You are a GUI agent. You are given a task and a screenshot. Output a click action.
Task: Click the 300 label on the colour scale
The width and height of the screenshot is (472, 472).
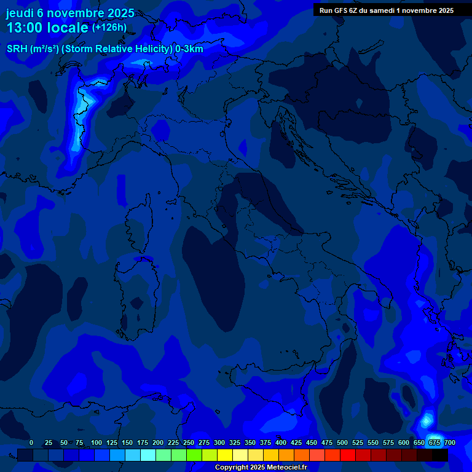click(219, 442)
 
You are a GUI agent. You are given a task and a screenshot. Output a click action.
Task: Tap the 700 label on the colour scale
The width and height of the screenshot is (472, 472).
click(449, 442)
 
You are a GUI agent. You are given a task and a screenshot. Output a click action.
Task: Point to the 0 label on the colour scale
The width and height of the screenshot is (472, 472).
click(31, 442)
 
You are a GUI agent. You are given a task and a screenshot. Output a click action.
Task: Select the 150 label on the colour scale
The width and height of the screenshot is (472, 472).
click(127, 442)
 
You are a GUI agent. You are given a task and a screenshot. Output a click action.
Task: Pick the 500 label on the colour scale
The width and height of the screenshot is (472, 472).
click(342, 442)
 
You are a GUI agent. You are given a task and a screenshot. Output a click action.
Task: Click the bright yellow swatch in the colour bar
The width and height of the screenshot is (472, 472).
click(225, 455)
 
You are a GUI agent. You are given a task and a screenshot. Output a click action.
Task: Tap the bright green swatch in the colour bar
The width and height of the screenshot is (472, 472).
click(194, 455)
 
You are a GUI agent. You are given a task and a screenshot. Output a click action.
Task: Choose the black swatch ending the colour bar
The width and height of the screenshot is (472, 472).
click(440, 455)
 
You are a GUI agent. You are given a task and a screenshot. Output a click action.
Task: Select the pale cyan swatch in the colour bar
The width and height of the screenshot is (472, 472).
click(148, 455)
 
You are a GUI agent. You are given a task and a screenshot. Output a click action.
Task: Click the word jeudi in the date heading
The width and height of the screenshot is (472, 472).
click(20, 13)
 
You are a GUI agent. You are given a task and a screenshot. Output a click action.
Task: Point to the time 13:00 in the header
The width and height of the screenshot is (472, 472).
click(25, 28)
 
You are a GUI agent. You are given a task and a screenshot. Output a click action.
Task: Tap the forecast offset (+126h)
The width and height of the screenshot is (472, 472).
click(109, 28)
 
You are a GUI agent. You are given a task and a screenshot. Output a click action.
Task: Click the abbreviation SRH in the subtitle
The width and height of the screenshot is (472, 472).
click(17, 49)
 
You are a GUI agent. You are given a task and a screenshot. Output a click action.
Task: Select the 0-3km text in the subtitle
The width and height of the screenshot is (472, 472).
click(189, 49)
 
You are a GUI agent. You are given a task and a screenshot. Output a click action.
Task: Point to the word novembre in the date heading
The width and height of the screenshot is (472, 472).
click(76, 13)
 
